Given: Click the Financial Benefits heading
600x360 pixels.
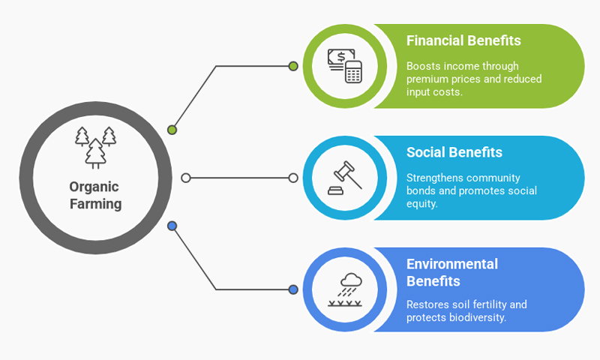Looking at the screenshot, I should (463, 40).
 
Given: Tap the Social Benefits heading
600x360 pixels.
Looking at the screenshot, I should (454, 152).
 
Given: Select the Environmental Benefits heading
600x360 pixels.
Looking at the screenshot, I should (452, 272).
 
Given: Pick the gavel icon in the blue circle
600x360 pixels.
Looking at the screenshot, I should (344, 178).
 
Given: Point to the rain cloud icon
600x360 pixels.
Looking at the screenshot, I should (345, 289).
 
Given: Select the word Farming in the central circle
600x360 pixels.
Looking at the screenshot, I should (95, 204).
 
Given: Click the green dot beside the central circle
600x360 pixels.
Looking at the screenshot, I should (172, 130).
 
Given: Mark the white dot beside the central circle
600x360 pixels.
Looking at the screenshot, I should (186, 178).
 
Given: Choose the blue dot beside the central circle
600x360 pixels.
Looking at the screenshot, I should (172, 226).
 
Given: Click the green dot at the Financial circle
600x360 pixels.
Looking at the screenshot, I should (293, 66).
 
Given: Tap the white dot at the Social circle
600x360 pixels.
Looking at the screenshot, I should (293, 178).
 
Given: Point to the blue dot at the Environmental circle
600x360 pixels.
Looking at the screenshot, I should (293, 289).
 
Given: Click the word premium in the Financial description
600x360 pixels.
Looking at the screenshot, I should (430, 79).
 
